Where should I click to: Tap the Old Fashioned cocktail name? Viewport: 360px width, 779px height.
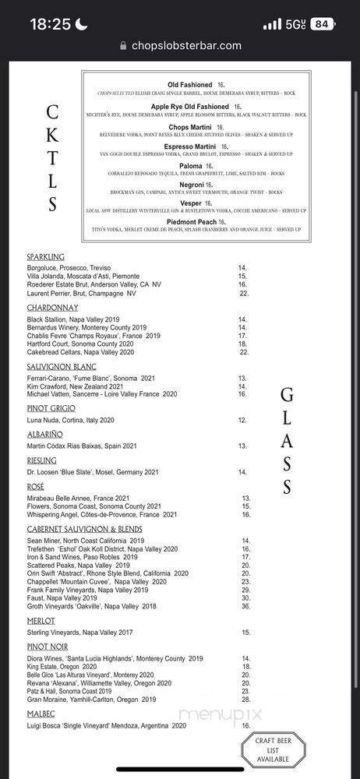coord(190,85)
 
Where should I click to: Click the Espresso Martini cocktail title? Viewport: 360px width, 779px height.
coord(191,146)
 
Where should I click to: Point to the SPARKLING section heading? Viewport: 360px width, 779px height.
coord(45,257)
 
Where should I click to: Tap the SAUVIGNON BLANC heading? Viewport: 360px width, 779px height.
coord(61,367)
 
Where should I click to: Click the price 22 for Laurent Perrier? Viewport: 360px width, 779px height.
coord(244,294)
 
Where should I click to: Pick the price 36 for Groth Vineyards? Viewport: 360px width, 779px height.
coord(245,606)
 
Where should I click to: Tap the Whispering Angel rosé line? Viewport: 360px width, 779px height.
coord(101,514)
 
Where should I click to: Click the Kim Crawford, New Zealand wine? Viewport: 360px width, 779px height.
coord(75,386)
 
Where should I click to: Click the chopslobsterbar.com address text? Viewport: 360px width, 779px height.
coord(185,46)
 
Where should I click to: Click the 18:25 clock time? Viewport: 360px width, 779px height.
coord(50,24)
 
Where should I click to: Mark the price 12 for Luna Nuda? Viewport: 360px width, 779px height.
coord(242,420)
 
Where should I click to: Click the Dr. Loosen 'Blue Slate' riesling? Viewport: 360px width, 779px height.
coord(93,472)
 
